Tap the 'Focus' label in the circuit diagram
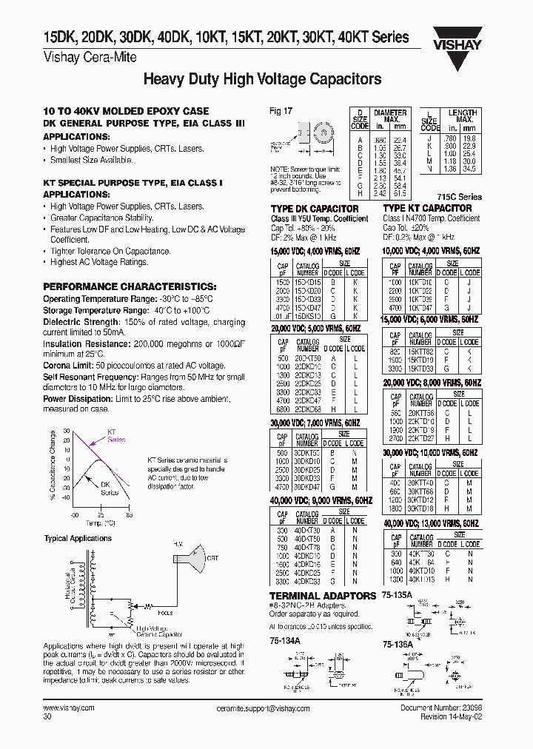click(x=165, y=613)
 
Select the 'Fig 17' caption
click(x=281, y=111)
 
